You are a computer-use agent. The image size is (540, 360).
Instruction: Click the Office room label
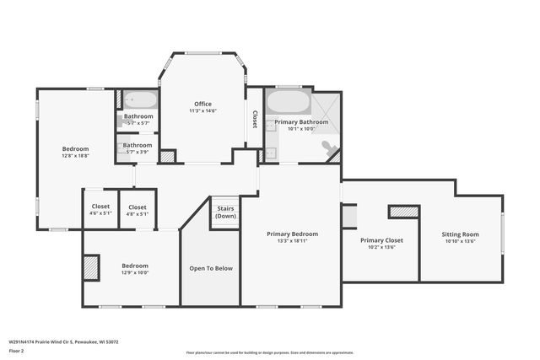click(x=202, y=104)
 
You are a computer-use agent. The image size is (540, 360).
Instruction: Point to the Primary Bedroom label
click(x=293, y=234)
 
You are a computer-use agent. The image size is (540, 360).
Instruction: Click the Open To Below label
click(x=211, y=268)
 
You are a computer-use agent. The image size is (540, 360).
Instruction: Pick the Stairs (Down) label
click(x=225, y=211)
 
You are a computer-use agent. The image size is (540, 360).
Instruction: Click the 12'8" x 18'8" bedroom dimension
click(x=75, y=156)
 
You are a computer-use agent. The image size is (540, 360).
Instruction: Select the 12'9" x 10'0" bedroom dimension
click(x=135, y=272)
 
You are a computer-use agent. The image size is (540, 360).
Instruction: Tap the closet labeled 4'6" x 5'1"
click(x=100, y=213)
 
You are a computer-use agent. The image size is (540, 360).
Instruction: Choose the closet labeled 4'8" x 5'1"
click(x=138, y=213)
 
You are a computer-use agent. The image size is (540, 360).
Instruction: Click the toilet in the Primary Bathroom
click(x=328, y=148)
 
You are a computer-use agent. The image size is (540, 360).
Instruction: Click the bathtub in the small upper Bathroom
click(x=138, y=100)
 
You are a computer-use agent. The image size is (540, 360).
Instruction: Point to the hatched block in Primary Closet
click(x=403, y=212)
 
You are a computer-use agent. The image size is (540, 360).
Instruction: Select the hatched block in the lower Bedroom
click(x=92, y=267)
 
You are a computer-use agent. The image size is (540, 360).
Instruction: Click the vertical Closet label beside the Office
click(x=254, y=120)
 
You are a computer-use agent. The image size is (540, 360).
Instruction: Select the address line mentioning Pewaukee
click(x=63, y=341)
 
